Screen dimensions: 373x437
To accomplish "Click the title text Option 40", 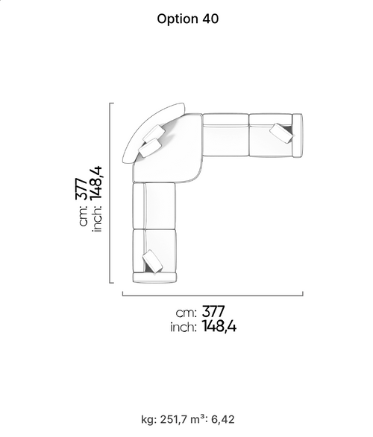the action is click(187, 19).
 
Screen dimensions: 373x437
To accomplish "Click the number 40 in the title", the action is click(210, 19).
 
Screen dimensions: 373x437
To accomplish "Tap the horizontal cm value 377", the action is click(213, 312).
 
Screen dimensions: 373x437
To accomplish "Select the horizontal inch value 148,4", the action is click(219, 326).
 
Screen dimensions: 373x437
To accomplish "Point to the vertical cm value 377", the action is click(82, 188).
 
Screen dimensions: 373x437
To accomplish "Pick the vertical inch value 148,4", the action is click(96, 183).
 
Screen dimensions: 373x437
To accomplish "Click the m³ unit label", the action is click(197, 419).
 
